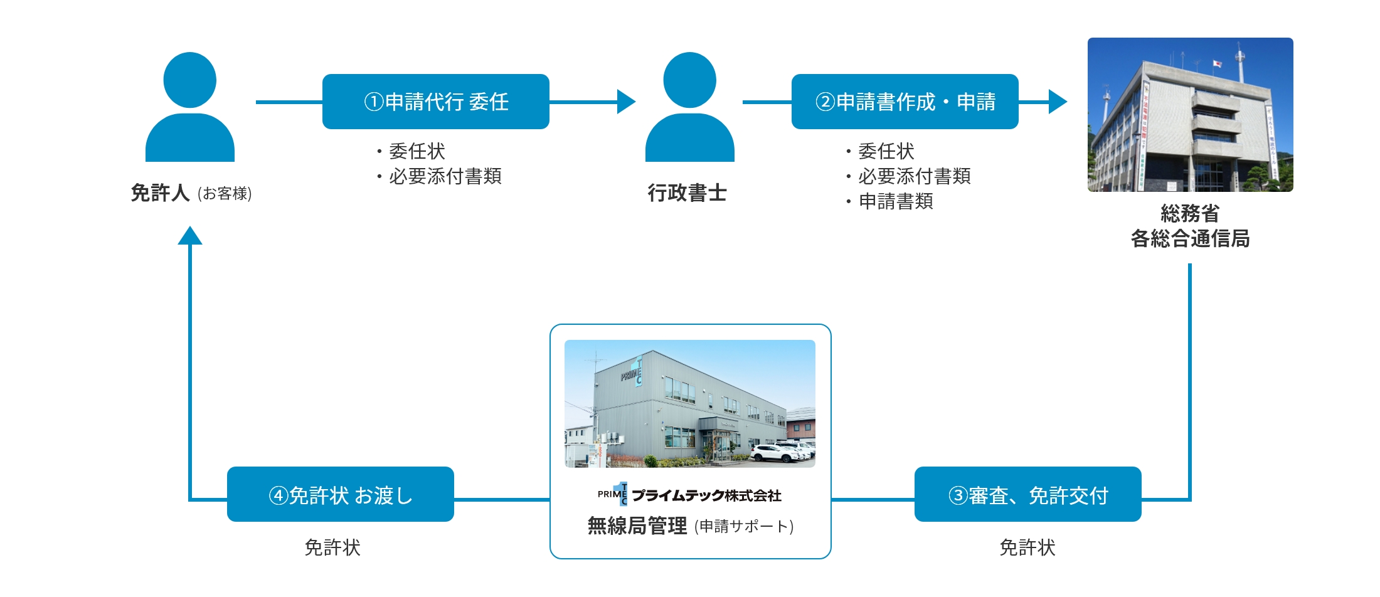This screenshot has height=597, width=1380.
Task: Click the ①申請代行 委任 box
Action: [435, 102]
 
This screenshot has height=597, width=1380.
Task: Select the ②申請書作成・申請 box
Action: [905, 102]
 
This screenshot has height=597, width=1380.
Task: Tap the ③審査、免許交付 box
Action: [1027, 495]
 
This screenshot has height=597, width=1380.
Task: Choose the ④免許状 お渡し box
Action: [340, 495]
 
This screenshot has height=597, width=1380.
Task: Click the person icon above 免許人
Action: [189, 107]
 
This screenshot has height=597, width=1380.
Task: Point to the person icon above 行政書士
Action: [689, 107]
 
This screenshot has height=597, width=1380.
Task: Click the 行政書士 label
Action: [687, 193]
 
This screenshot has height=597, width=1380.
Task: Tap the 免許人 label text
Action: [160, 193]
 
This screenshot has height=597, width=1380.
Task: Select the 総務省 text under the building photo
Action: [1190, 214]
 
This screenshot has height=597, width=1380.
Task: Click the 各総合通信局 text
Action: [1190, 239]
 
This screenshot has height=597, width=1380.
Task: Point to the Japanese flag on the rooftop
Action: [1216, 64]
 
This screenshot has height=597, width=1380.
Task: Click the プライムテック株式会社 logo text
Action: [706, 495]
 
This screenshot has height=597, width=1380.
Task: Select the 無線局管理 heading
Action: [637, 526]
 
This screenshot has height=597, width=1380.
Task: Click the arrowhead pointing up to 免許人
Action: [189, 236]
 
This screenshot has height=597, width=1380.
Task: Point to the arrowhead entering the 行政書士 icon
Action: [626, 102]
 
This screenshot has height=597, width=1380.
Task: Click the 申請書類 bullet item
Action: [895, 201]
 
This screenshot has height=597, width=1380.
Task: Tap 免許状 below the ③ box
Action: [1027, 547]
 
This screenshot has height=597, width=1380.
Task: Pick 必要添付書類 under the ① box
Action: [445, 176]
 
